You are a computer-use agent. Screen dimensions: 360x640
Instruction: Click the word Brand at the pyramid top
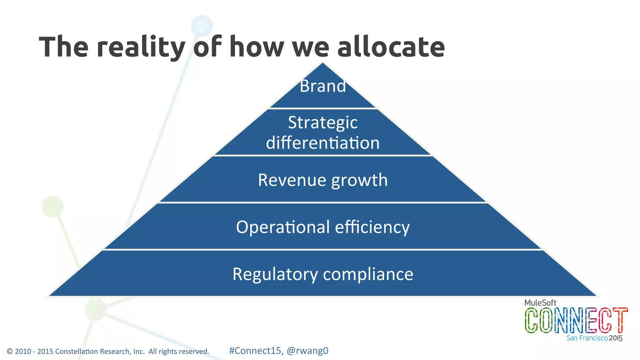323,86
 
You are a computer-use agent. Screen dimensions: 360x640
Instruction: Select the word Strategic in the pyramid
323,123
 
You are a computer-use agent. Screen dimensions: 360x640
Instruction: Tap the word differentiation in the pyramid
323,143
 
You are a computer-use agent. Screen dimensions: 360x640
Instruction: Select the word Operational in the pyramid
283,227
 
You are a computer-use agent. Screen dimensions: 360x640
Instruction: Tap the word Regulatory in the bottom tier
275,274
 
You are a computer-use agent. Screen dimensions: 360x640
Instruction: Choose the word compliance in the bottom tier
368,274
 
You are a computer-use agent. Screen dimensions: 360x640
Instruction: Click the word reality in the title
141,47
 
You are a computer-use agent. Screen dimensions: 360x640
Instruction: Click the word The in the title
64,47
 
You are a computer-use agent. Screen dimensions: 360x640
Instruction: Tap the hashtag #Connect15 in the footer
255,351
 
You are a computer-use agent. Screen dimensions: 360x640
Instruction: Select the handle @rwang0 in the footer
307,351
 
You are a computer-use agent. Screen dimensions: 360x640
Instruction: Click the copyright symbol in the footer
10,352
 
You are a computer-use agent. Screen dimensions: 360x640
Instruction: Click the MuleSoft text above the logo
540,302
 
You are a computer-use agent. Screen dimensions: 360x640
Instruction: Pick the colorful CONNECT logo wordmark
576,320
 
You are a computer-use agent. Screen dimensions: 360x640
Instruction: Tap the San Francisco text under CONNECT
587,338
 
